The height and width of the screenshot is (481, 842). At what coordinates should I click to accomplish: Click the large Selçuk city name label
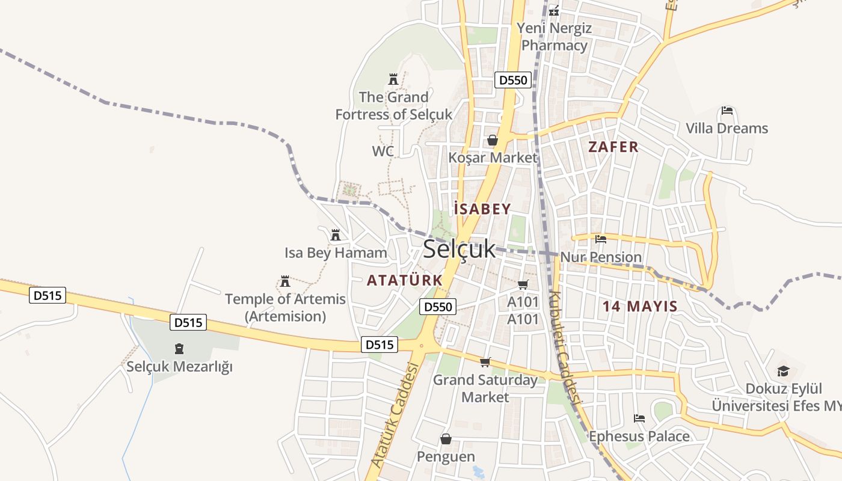pos(459,249)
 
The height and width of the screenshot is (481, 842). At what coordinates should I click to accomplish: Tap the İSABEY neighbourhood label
pos(482,209)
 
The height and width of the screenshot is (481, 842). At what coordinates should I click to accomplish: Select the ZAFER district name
pos(613,147)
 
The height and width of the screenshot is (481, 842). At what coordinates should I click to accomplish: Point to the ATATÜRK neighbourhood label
pos(405,280)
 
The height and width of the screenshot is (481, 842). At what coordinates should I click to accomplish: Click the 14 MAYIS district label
pos(640,306)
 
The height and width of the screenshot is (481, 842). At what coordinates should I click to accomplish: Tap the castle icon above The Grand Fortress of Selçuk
pos(393,79)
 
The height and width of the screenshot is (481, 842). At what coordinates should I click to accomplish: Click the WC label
pos(383,151)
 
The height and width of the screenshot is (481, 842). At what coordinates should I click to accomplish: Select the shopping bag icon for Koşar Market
pos(493,140)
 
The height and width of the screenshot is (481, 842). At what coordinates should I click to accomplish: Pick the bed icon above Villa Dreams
pos(727,111)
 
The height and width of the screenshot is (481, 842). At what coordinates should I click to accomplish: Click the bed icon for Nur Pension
pos(600,239)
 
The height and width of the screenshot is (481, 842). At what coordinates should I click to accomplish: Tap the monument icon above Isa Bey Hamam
pos(336,234)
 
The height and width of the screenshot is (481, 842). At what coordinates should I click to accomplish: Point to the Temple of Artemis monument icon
pos(285,281)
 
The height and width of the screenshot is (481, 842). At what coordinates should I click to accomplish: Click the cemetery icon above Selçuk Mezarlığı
pos(179,348)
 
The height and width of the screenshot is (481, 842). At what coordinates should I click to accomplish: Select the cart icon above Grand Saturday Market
pos(485,362)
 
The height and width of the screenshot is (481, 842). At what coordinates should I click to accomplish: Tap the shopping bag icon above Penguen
pos(446,439)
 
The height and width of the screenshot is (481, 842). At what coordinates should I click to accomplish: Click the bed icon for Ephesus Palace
pos(639,418)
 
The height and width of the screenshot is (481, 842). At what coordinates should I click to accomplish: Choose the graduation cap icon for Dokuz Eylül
pos(782,371)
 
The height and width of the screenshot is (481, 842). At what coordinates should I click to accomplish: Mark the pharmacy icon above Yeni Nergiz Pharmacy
pos(554,10)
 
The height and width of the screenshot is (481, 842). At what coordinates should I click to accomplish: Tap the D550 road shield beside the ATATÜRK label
pos(438,307)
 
